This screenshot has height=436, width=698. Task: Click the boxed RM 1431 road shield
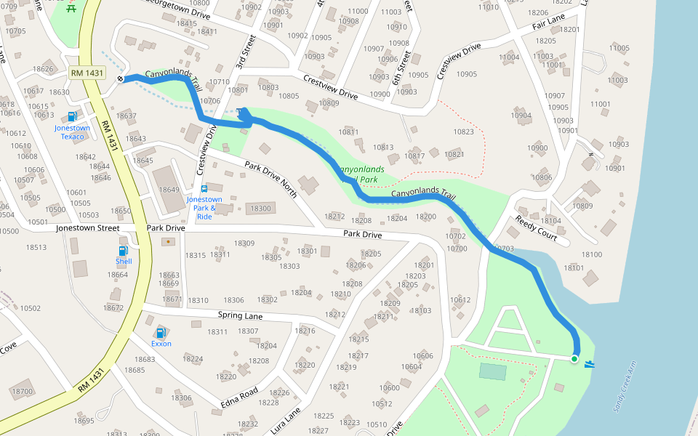coord(88,73)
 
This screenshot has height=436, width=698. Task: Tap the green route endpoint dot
coord(574,359)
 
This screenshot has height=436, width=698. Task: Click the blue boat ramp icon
coord(590,363)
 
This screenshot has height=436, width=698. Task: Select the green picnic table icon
coord(71,8)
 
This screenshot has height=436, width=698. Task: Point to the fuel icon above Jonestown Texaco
coord(72,116)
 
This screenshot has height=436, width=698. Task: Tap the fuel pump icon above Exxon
coord(161,333)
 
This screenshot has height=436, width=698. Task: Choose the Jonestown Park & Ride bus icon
coord(204,189)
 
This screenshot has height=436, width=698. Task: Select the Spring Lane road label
coord(240,316)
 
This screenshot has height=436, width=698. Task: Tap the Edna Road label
coord(239,398)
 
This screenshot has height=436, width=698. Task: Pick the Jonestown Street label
coord(87,228)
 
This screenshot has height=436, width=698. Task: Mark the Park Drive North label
coord(270,177)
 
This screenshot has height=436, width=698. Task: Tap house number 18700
coord(23,392)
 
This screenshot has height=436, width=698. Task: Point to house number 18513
coord(36,248)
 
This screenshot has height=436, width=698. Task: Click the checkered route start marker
coord(120,78)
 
